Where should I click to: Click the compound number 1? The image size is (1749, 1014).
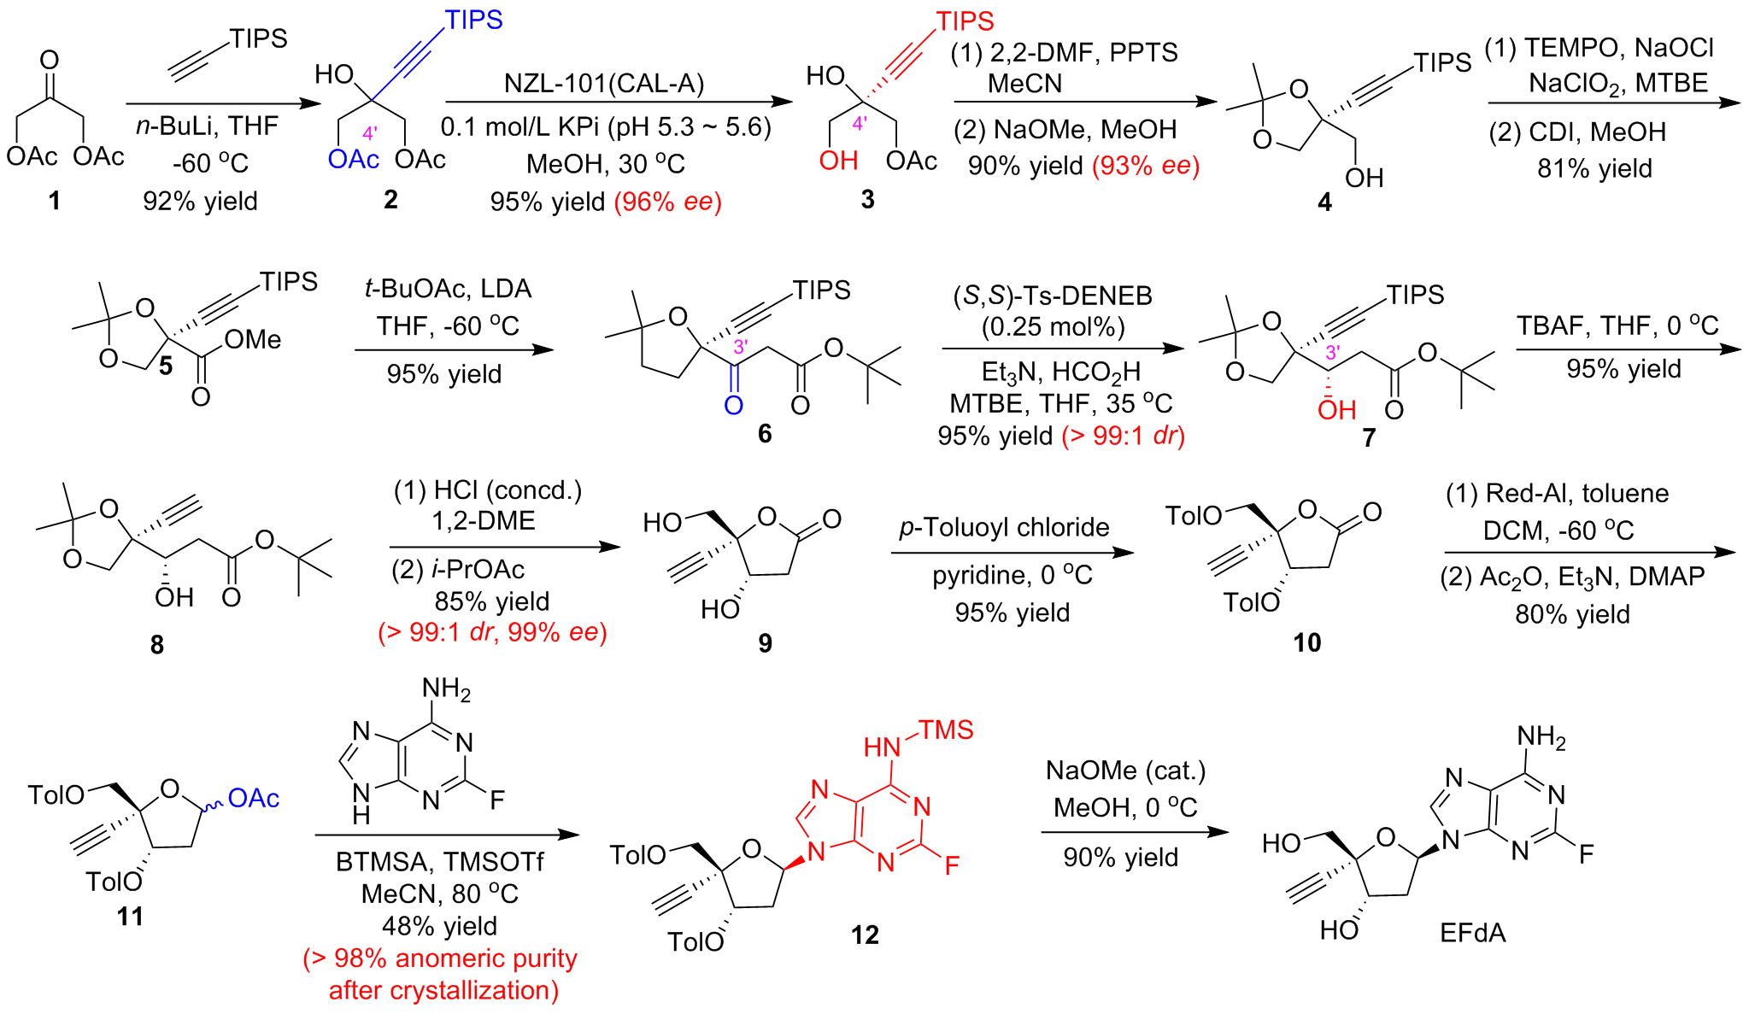point(54,201)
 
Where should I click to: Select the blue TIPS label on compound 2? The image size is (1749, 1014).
point(473,20)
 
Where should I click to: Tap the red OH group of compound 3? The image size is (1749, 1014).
point(837,160)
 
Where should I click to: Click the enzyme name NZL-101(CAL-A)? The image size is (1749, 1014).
point(604,84)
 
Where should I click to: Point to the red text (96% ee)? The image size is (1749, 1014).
point(668,202)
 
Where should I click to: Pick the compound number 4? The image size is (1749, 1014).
point(1324,202)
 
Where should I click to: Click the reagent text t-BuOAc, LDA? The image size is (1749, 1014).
point(448,289)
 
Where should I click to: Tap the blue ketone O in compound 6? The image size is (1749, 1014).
point(733,406)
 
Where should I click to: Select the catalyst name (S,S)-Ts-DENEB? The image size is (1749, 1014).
point(1053,296)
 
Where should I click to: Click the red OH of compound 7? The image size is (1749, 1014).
point(1336,410)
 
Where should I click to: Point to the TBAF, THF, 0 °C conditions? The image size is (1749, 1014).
point(1617,325)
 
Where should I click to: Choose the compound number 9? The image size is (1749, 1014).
point(765,642)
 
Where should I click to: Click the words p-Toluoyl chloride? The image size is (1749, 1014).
point(1004,527)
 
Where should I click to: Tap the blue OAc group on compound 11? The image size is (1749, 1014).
point(254,798)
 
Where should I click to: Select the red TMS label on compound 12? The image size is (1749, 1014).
point(946,730)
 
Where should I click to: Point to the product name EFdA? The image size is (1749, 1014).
point(1472,932)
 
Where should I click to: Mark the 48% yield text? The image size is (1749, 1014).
point(439,926)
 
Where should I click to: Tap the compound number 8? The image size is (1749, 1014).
point(156,645)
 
